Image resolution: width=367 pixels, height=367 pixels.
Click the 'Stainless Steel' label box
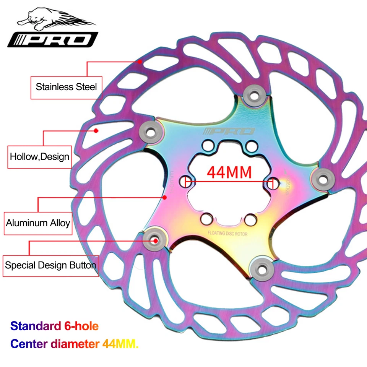pyautogui.click(x=66, y=86)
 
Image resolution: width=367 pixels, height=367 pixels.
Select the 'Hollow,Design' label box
pyautogui.click(x=39, y=156)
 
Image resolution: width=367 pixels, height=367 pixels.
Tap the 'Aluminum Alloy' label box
pyautogui.click(x=38, y=223)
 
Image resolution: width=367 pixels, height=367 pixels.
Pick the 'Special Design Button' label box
pyautogui.click(x=50, y=265)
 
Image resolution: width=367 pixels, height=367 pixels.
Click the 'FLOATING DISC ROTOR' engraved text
pyautogui.click(x=228, y=233)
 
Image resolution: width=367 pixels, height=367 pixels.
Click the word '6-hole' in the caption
pyautogui.click(x=80, y=326)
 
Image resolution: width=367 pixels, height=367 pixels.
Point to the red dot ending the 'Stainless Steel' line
pyautogui.click(x=140, y=61)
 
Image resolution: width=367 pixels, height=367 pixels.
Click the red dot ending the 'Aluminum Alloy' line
pyautogui.click(x=165, y=197)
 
